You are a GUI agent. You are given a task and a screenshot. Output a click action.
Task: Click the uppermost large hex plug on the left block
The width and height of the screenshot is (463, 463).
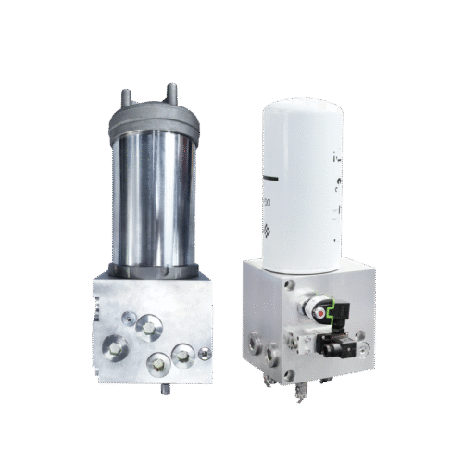tap(147, 326)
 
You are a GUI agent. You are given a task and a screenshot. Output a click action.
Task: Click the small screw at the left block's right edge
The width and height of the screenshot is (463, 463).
tap(202, 351)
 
